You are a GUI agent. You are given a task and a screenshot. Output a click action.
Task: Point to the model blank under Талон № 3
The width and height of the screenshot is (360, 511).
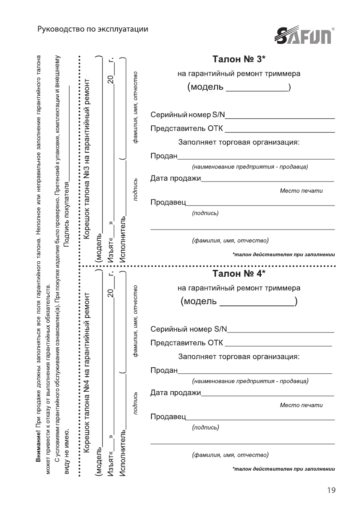click(x=257, y=88)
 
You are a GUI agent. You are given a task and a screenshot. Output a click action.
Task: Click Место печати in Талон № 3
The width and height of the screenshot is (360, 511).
click(x=301, y=190)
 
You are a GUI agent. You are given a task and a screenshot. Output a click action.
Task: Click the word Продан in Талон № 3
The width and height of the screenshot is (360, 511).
click(x=164, y=155)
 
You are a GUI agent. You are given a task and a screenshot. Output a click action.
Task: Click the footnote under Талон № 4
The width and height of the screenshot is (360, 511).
click(x=283, y=469)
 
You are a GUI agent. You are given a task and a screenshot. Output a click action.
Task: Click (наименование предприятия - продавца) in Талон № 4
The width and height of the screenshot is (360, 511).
click(x=250, y=381)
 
